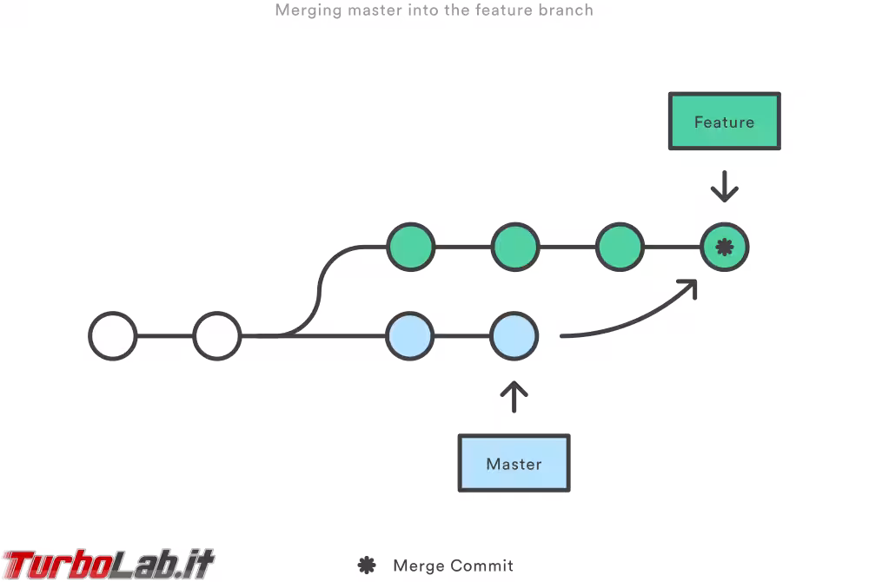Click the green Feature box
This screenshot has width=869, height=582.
(724, 122)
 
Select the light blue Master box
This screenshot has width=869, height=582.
(514, 464)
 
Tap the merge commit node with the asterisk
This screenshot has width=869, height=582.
(725, 248)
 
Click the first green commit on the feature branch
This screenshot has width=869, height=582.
(410, 248)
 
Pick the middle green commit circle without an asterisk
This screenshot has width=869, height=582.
(514, 248)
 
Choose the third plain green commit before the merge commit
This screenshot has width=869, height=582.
(620, 248)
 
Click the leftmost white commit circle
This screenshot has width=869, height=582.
(113, 335)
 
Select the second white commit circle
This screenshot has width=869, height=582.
(216, 335)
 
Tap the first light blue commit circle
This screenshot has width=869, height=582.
(410, 335)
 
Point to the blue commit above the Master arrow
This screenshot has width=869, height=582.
(514, 335)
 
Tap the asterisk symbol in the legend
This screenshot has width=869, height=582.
(367, 565)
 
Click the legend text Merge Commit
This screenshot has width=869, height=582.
(453, 566)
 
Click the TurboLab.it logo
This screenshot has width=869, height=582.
(108, 564)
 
